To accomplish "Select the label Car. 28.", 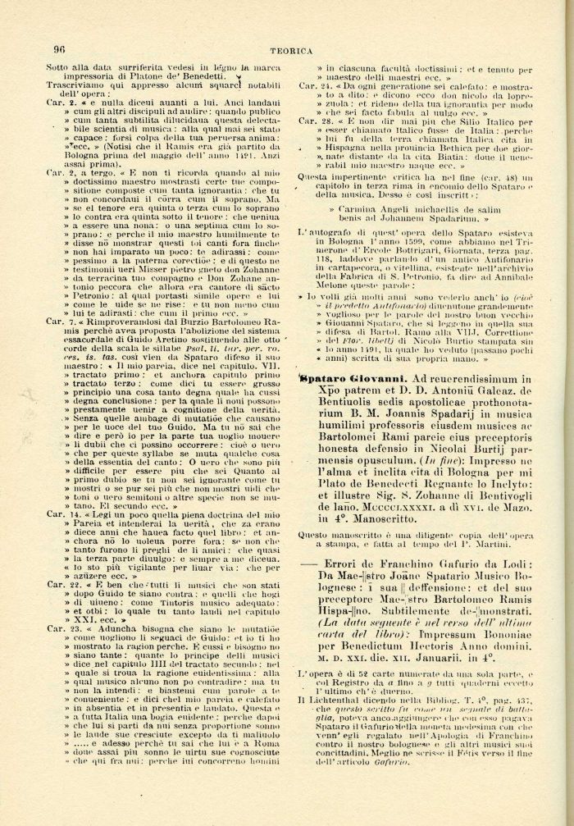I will click(x=312, y=121).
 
